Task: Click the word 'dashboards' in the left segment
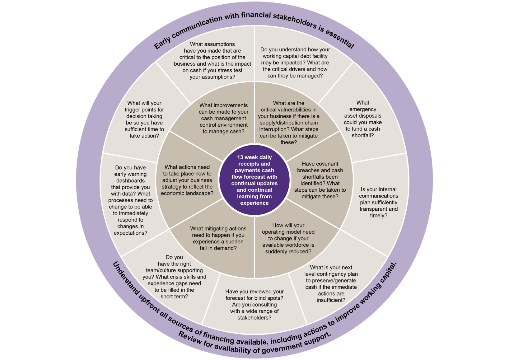(130, 180)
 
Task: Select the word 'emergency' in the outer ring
(362, 109)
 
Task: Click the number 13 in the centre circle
(240, 157)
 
